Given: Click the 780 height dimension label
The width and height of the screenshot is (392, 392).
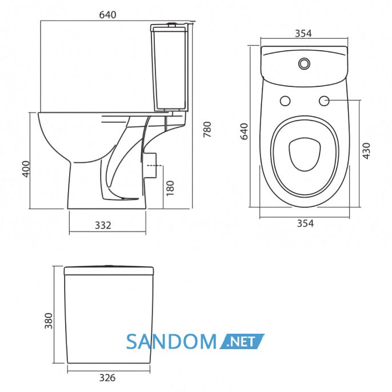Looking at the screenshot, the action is click(207, 129).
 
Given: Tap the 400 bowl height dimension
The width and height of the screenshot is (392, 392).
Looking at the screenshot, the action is click(26, 169).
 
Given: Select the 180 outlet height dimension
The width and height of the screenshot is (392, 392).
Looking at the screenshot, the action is click(170, 188).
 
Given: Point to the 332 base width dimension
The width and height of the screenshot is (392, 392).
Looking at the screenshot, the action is click(103, 226).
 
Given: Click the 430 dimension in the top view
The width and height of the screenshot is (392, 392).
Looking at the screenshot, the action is click(366, 151).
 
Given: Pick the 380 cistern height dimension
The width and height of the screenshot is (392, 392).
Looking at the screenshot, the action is click(49, 321).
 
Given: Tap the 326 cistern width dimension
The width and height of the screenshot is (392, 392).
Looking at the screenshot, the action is click(107, 378).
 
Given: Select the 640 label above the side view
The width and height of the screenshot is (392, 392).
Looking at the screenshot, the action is click(108, 15).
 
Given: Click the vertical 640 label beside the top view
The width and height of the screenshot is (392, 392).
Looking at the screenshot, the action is click(244, 131).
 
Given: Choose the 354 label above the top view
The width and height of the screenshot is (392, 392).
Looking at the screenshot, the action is click(303, 33).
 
